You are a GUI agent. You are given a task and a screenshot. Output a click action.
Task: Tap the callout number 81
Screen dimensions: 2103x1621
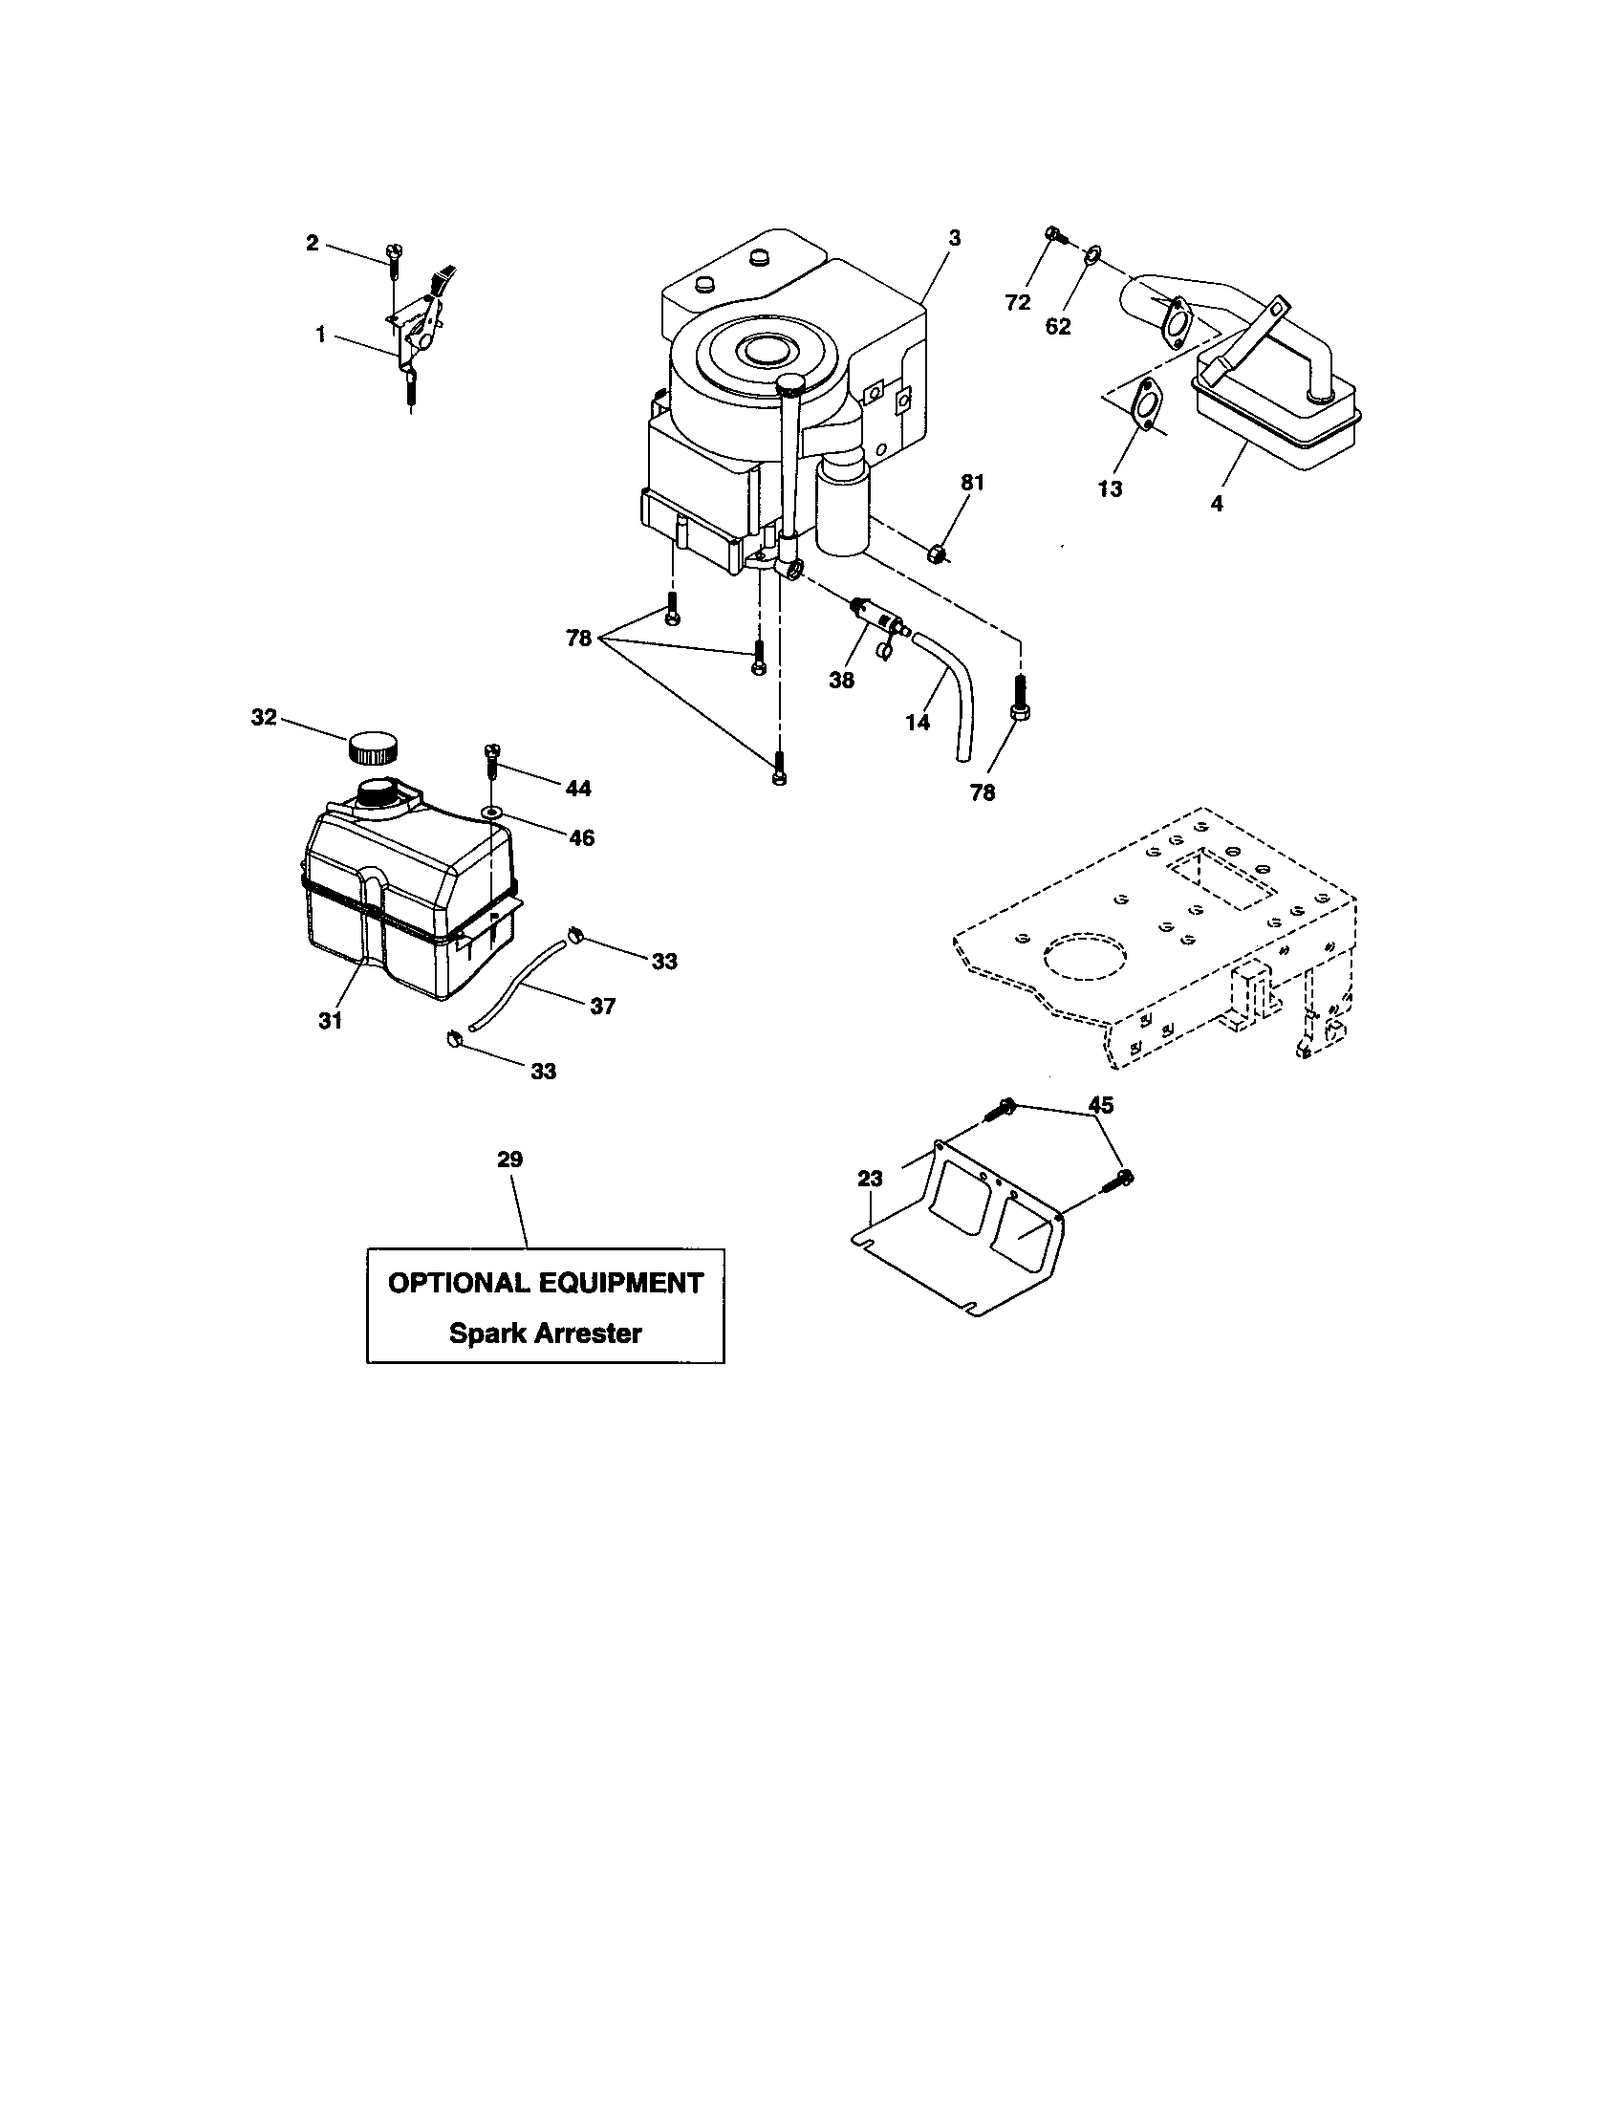pyautogui.click(x=972, y=483)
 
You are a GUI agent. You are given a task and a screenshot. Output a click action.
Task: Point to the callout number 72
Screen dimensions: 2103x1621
pyautogui.click(x=1018, y=302)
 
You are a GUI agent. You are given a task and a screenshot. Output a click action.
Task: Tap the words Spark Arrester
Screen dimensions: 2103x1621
pyautogui.click(x=545, y=1333)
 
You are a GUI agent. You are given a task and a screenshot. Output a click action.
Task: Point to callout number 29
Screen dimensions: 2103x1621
pyautogui.click(x=510, y=1160)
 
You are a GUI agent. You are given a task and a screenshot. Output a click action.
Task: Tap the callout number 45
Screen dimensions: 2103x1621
pyautogui.click(x=1101, y=1104)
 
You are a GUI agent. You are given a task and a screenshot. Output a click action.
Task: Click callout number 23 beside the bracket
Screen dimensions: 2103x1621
pyautogui.click(x=869, y=1179)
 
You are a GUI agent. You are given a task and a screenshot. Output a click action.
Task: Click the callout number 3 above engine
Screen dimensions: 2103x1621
pyautogui.click(x=954, y=236)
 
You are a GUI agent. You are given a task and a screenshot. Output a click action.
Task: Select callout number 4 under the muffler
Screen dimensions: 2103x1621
pyautogui.click(x=1217, y=503)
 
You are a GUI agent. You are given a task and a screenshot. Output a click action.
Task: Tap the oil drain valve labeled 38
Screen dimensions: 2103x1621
pyautogui.click(x=876, y=617)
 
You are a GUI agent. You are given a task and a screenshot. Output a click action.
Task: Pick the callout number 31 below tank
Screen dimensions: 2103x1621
pyautogui.click(x=330, y=1021)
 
